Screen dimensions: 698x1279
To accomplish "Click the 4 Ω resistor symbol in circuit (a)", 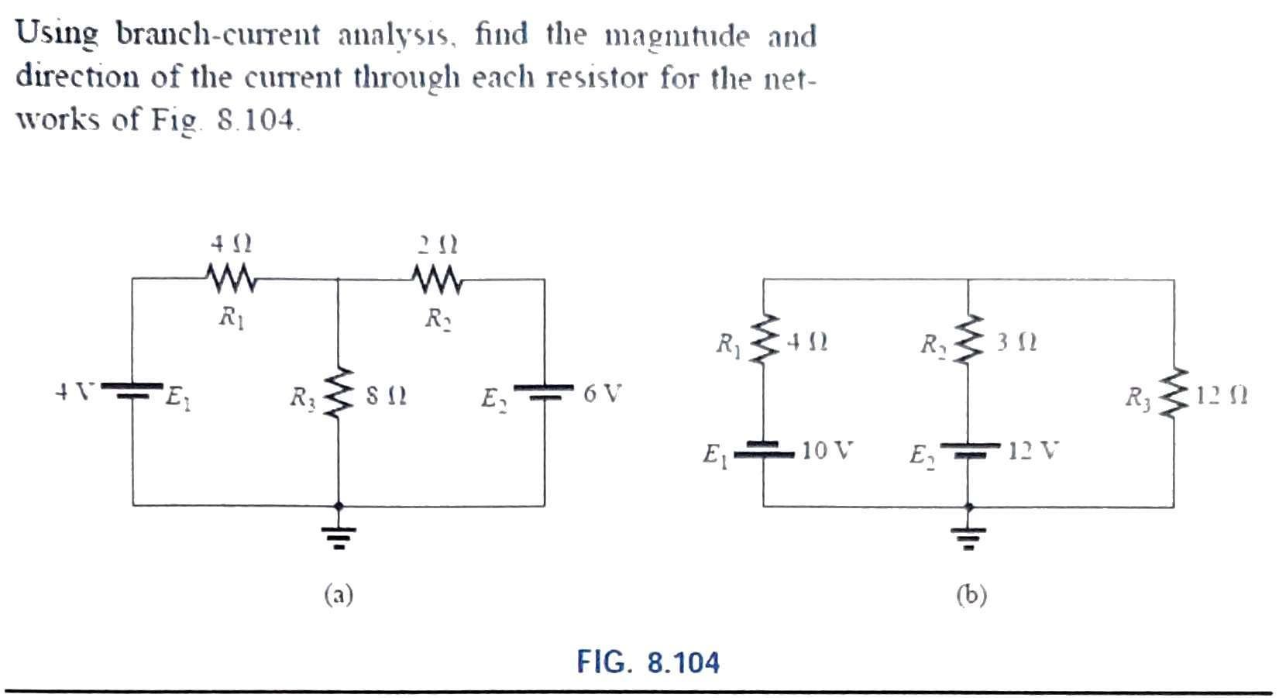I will point(230,279).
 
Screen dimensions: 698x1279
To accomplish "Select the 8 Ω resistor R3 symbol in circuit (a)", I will point(338,393).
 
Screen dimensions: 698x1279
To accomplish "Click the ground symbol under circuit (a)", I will point(338,535).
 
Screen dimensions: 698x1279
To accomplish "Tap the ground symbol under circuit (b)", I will point(968,535).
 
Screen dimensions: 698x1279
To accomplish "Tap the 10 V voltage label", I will point(827,450).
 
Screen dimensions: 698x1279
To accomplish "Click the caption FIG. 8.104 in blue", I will point(648,663).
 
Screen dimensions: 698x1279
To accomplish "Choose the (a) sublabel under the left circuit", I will point(339,595).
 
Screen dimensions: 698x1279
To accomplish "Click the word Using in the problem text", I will point(58,35).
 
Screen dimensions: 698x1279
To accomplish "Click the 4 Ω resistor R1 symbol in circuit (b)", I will point(764,339).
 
